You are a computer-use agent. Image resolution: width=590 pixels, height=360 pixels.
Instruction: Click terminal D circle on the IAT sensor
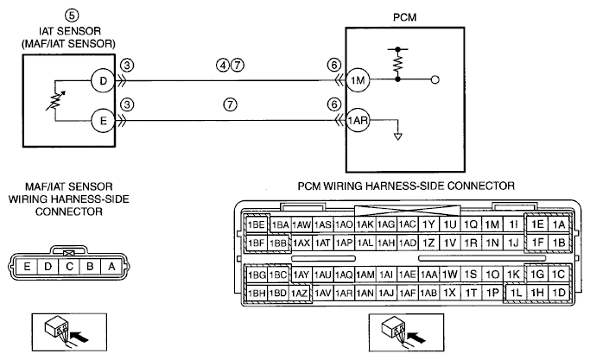click(x=102, y=80)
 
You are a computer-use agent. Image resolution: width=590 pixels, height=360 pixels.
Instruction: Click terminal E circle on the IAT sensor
click(x=102, y=120)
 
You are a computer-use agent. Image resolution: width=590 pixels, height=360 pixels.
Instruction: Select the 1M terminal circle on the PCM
click(x=358, y=80)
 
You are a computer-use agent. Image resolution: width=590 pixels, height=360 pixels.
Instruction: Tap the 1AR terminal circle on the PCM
click(x=358, y=120)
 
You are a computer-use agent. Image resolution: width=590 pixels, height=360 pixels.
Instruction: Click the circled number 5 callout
click(x=72, y=16)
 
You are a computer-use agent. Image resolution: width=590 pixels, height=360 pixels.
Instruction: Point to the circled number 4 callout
click(x=222, y=65)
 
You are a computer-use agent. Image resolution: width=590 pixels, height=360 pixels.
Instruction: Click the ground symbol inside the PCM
click(x=397, y=136)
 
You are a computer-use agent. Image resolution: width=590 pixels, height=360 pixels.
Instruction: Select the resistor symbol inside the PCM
click(x=397, y=63)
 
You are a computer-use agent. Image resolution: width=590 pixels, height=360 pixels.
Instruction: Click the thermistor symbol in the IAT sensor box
click(x=55, y=101)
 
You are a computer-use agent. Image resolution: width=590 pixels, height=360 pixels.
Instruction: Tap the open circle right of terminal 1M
click(x=435, y=79)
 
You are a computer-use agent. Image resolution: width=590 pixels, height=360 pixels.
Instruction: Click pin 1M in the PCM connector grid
click(x=492, y=224)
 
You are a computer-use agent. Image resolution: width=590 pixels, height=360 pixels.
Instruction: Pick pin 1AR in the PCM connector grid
click(x=344, y=293)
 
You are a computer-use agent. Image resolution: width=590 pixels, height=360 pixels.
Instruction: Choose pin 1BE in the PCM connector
click(x=257, y=224)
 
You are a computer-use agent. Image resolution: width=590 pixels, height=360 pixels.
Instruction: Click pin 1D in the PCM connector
click(x=559, y=293)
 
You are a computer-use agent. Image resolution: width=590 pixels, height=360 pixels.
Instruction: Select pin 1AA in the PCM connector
click(x=428, y=275)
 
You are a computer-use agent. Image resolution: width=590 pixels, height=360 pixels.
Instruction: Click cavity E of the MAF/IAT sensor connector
click(x=27, y=267)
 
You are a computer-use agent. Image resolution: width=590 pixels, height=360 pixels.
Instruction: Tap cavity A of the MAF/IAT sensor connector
click(x=111, y=267)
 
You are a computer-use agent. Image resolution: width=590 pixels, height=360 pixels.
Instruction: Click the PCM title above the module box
click(x=404, y=17)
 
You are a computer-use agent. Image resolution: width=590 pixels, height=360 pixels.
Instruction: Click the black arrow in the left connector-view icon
click(x=79, y=337)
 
